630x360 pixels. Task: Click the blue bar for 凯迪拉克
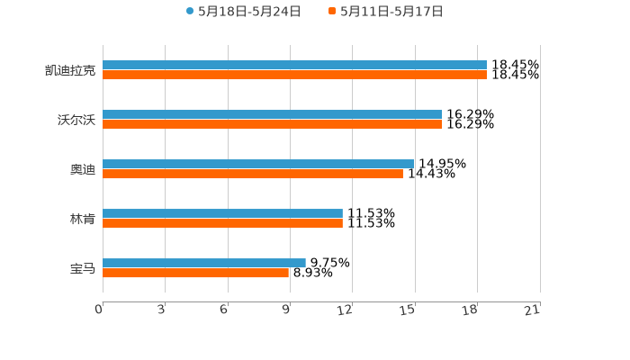pos(294,66)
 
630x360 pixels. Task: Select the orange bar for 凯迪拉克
pos(294,76)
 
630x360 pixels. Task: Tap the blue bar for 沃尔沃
pos(272,115)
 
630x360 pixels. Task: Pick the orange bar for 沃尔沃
pos(272,125)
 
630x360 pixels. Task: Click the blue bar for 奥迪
pos(258,165)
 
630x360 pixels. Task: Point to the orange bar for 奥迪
pos(253,175)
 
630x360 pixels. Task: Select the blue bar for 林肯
pos(222,214)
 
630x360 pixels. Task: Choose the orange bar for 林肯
pos(222,224)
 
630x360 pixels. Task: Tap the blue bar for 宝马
pos(204,264)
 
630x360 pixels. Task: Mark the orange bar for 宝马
pos(196,274)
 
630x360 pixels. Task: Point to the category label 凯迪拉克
pos(70,71)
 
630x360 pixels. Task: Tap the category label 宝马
pos(83,269)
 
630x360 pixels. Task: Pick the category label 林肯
pos(83,220)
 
